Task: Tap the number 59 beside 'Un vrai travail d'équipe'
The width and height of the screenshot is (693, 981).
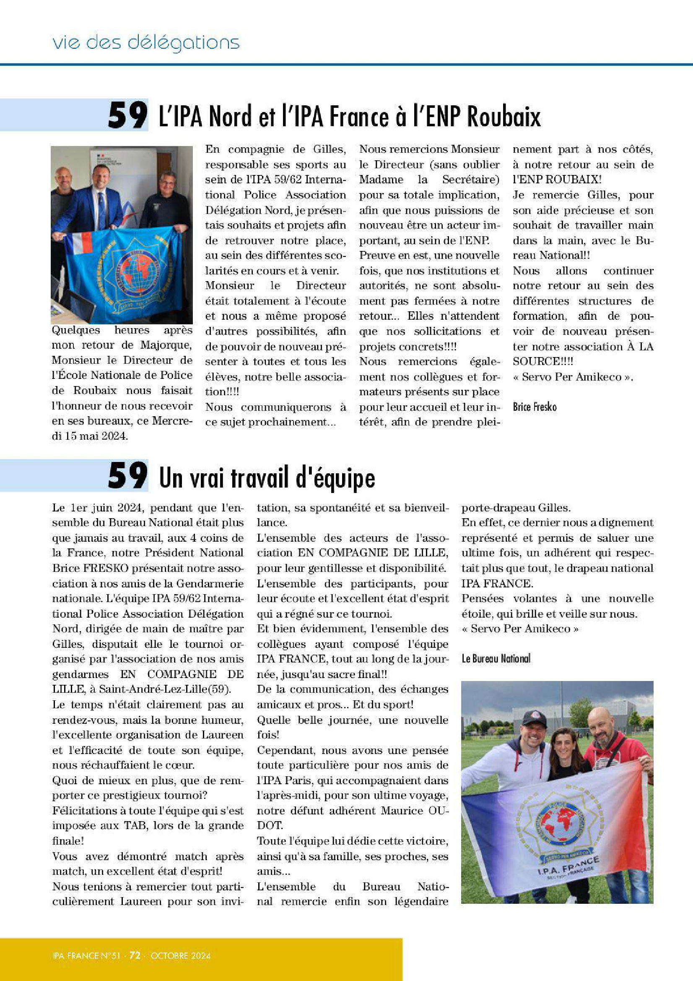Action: pyautogui.click(x=128, y=476)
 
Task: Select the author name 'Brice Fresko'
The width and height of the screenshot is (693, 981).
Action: pyautogui.click(x=535, y=406)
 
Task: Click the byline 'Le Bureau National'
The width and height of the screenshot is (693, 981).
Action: pyautogui.click(x=496, y=658)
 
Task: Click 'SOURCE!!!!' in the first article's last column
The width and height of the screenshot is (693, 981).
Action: pyautogui.click(x=542, y=361)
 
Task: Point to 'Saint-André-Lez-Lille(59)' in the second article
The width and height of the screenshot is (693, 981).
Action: pyautogui.click(x=164, y=689)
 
